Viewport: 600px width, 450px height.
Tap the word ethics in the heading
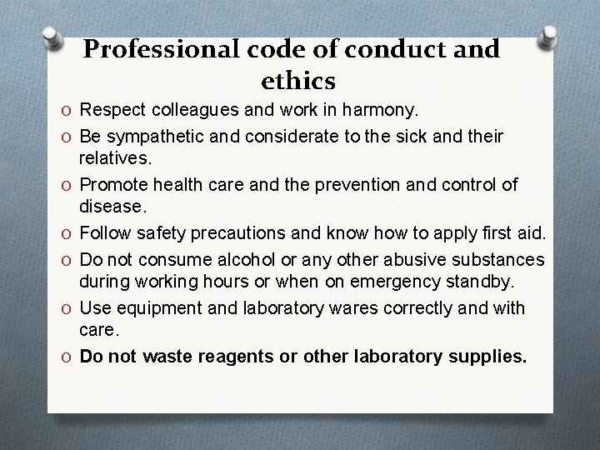pyautogui.click(x=298, y=82)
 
